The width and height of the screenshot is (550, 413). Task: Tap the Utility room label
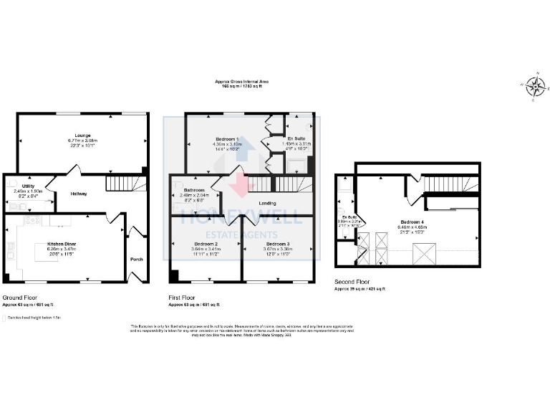click(x=28, y=186)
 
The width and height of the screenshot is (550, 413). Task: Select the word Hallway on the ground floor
click(x=79, y=194)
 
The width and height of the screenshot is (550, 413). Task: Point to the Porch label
click(x=136, y=260)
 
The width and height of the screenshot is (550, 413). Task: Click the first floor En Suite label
click(x=296, y=138)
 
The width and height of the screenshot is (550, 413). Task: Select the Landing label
click(x=267, y=203)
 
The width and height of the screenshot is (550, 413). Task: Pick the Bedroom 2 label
click(x=205, y=244)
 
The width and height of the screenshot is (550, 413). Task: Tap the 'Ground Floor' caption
click(x=20, y=297)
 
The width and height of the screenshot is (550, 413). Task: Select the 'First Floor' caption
click(x=181, y=297)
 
